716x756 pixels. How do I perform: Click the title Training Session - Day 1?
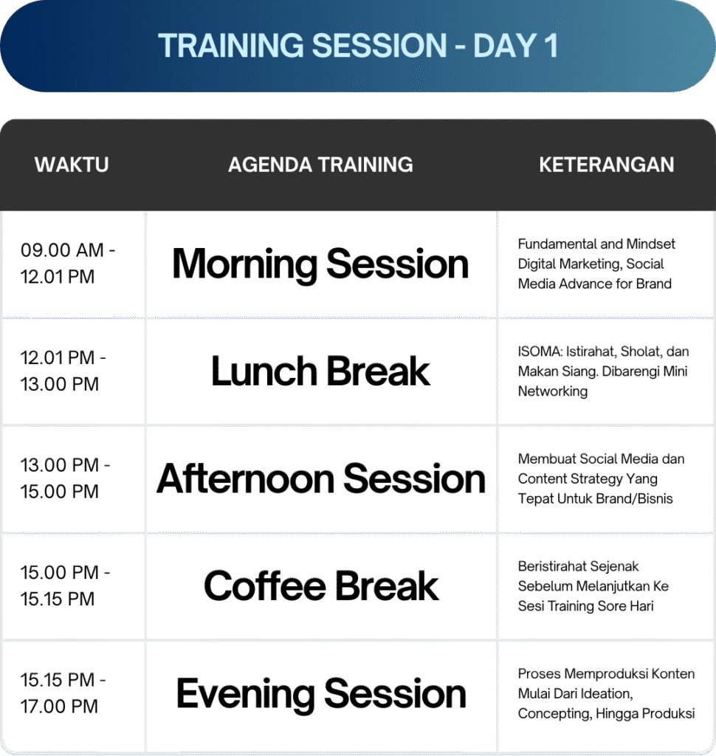[358, 46]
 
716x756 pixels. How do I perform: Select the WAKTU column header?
[72, 165]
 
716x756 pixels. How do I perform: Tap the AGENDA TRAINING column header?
[320, 165]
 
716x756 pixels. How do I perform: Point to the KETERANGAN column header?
[607, 165]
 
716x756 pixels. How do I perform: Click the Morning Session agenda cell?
[320, 264]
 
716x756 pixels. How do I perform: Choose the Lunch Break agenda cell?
[320, 371]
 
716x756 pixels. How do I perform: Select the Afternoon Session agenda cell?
[320, 478]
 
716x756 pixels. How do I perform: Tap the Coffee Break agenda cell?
[321, 586]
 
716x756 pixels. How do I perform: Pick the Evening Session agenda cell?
[321, 694]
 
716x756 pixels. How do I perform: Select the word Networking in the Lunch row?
[553, 391]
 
